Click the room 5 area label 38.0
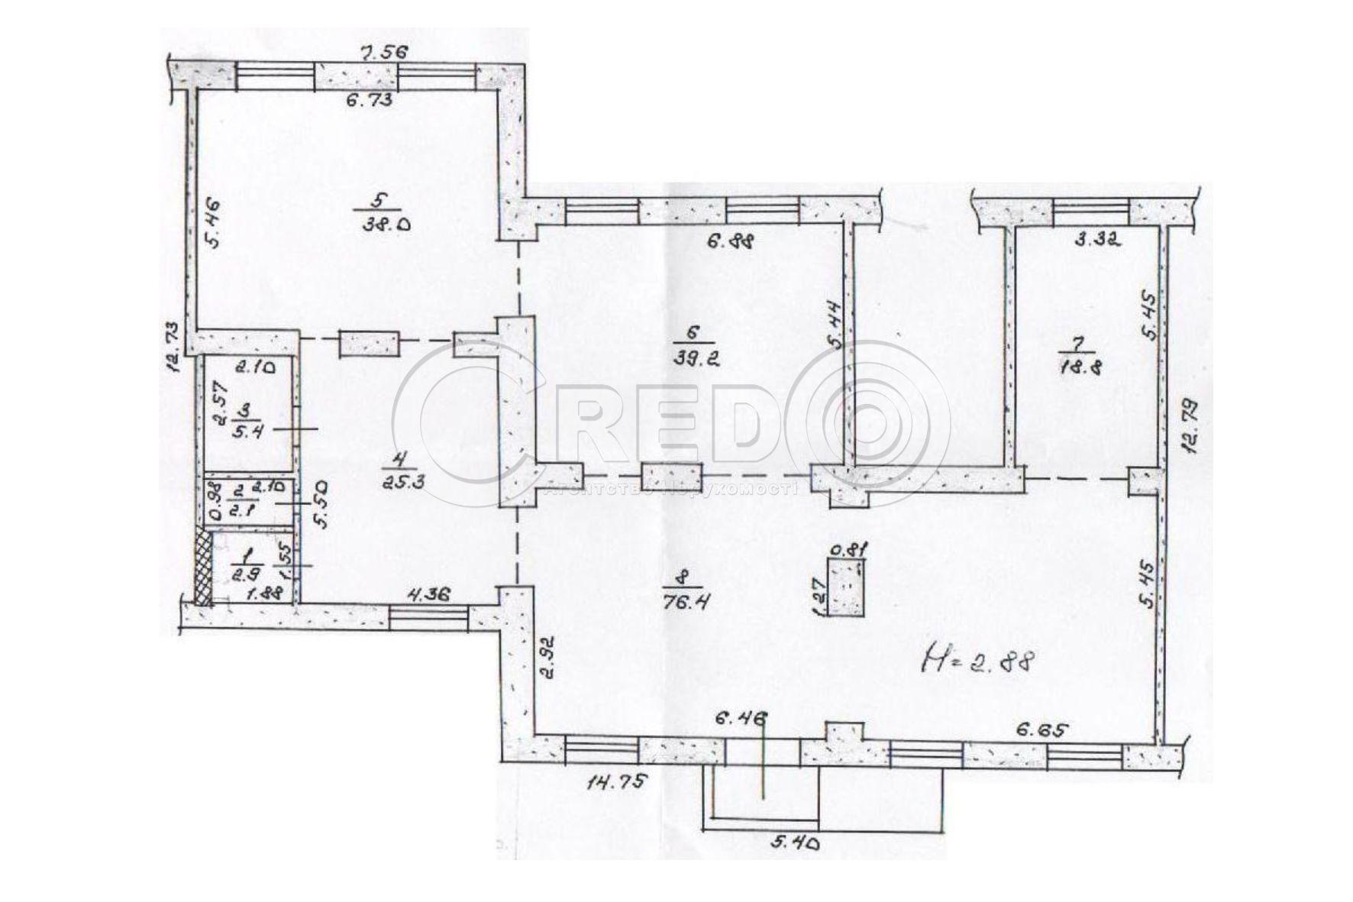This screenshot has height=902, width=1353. (x=379, y=225)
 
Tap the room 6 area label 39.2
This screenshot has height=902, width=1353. (x=694, y=356)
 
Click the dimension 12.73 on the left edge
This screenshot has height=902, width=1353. (x=173, y=347)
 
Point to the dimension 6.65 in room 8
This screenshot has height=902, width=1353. (x=1041, y=729)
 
